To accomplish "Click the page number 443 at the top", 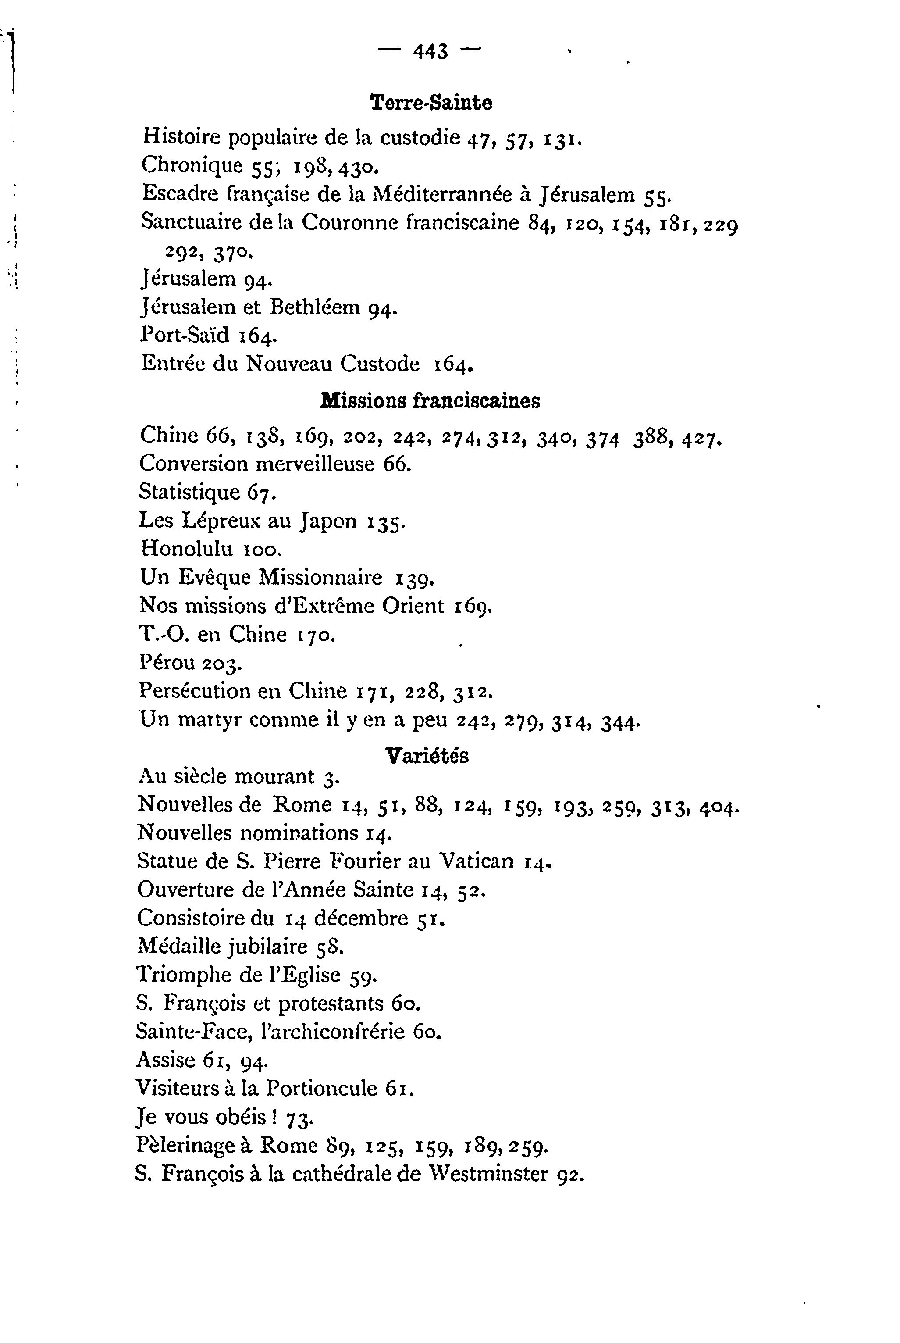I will click(430, 52).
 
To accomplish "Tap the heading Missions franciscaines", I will click(430, 401).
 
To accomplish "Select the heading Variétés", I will click(427, 756).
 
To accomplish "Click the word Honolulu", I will click(187, 549).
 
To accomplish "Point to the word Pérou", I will click(167, 663).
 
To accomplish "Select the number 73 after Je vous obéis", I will click(299, 1118).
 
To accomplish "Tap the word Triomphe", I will click(185, 975).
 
